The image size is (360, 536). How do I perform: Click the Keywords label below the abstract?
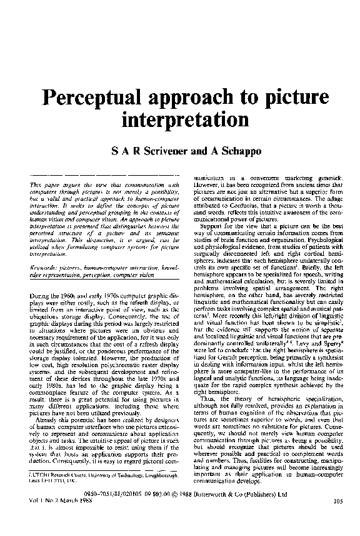(44, 267)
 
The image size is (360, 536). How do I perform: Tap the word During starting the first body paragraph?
(40, 293)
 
